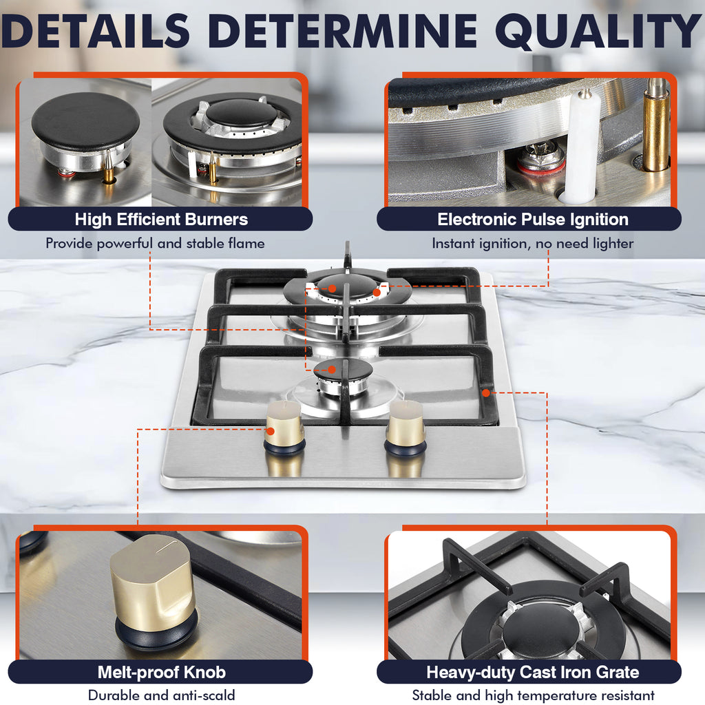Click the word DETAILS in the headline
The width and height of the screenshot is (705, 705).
click(96, 31)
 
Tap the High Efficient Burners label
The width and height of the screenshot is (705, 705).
click(161, 220)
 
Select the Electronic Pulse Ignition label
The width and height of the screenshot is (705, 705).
click(533, 220)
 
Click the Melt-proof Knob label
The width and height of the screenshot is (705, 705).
click(161, 672)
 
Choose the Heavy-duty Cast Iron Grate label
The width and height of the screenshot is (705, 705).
click(533, 672)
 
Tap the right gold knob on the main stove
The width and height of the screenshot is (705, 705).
click(406, 426)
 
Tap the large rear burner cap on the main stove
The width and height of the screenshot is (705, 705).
click(349, 283)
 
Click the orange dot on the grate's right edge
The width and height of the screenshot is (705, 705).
click(485, 392)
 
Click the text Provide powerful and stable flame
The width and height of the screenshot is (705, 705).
click(155, 243)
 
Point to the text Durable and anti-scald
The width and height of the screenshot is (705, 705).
click(161, 695)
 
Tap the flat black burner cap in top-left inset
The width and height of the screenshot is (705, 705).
click(85, 120)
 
